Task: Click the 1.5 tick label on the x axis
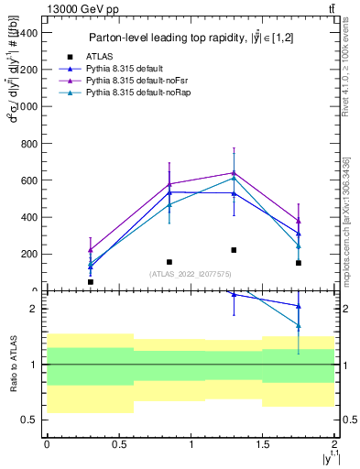[x=263, y=443]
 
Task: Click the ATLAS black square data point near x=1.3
[x=234, y=250]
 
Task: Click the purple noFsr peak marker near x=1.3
[x=234, y=172]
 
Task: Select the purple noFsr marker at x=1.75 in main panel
[x=299, y=221]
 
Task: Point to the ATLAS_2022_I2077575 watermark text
[x=191, y=273]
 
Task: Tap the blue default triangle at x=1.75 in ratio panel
[x=299, y=306]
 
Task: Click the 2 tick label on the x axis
[x=334, y=443]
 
